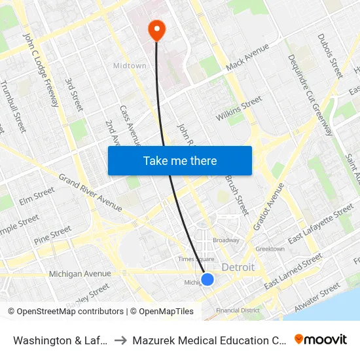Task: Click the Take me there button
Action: coord(180,160)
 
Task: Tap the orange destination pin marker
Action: coord(157,29)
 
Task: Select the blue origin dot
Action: coord(207,279)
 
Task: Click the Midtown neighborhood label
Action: coord(130,66)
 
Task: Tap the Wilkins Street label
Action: coord(239,109)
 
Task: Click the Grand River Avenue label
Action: coord(90,192)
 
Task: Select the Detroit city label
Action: coord(238,268)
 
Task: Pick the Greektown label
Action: coord(270,249)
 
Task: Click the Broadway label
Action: coord(226,240)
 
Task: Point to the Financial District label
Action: coord(238,310)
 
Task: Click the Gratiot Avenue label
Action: coord(268,207)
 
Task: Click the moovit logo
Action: coord(320,340)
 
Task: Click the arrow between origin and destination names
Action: coord(120,340)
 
